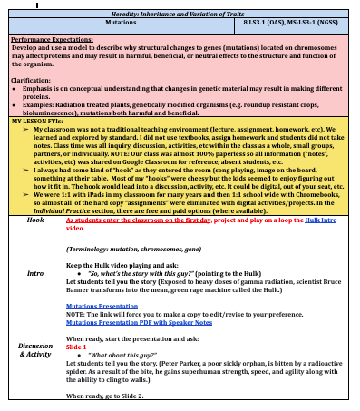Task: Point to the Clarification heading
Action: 30,80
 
